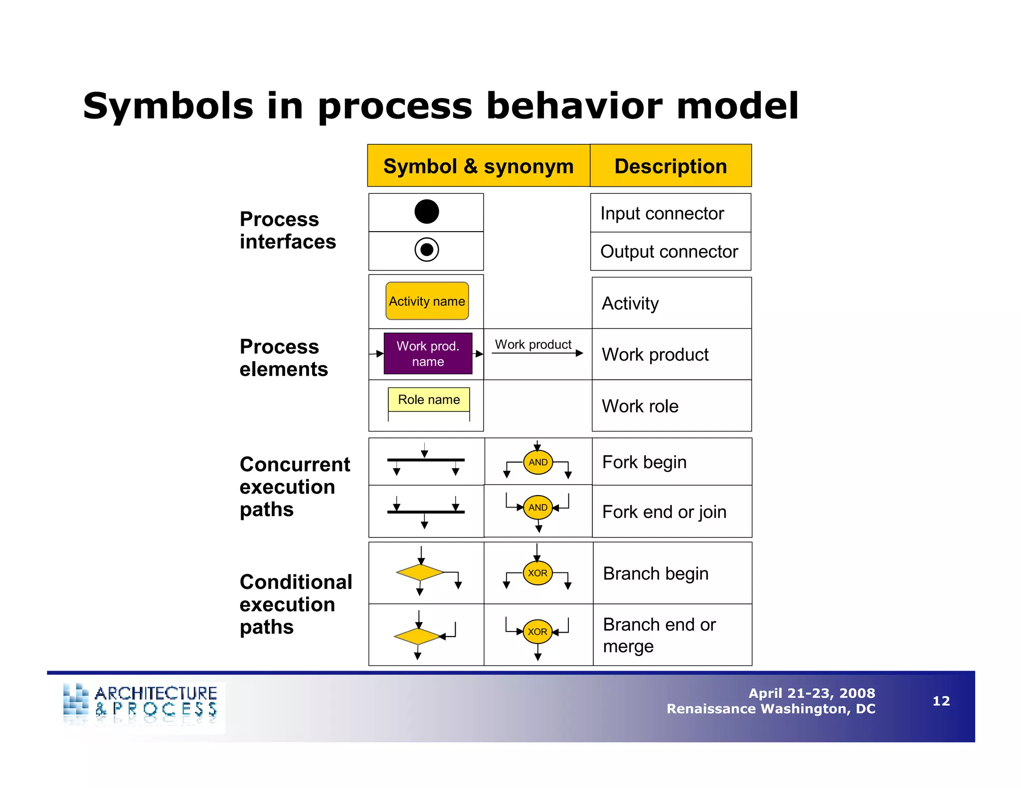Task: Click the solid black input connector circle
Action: tap(426, 211)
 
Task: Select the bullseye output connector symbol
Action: tap(426, 250)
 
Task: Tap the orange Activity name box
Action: tap(427, 301)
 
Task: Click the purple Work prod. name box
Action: tap(428, 354)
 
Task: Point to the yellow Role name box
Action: tap(429, 399)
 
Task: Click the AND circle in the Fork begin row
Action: tap(538, 462)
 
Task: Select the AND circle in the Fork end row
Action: tap(538, 507)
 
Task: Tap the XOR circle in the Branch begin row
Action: tap(537, 573)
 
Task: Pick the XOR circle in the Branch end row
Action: tap(537, 631)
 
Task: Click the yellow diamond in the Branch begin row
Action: tap(419, 572)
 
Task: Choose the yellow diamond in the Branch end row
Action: tap(417, 636)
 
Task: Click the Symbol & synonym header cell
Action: tap(478, 166)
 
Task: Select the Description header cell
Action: tap(671, 166)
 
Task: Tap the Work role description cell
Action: tap(671, 406)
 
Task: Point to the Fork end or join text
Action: tap(664, 512)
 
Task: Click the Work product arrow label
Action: tap(533, 344)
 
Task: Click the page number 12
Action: tap(941, 701)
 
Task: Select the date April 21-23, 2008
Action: tap(812, 693)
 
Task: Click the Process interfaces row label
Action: tap(288, 230)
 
